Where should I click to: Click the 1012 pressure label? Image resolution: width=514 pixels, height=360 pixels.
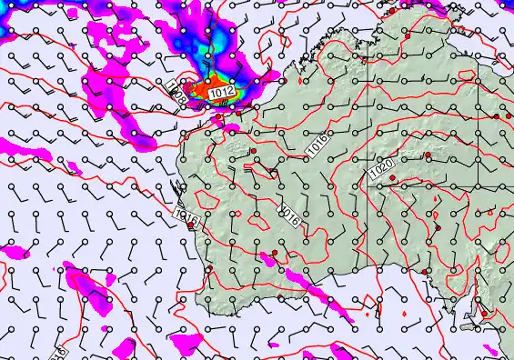click(221, 93)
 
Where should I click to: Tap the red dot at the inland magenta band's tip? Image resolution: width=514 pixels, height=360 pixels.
click(274, 253)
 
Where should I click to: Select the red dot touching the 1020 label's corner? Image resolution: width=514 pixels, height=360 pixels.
click(392, 178)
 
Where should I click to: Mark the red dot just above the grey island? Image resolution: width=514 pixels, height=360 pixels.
click(484, 314)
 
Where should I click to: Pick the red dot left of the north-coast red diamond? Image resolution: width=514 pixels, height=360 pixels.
click(218, 116)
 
